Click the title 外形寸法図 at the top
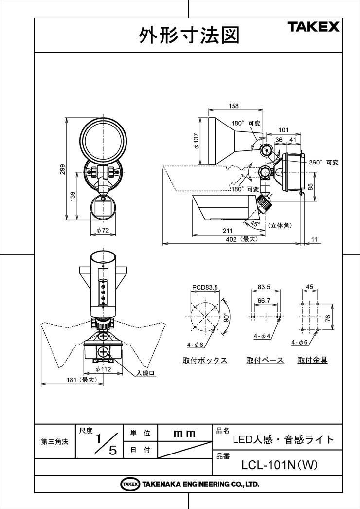tap(189, 35)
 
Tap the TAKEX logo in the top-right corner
tap(313, 26)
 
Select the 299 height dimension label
tap(62, 169)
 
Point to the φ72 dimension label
tap(103, 231)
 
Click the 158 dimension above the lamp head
tap(234, 106)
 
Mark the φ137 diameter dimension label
tap(196, 142)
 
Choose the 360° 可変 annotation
tap(324, 162)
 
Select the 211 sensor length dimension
tap(228, 231)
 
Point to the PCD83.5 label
tap(205, 287)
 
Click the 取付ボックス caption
tap(205, 360)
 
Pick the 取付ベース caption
tap(265, 360)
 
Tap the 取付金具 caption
tap(313, 360)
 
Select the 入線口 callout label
tap(146, 373)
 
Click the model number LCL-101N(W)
tap(279, 465)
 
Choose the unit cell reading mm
tap(185, 434)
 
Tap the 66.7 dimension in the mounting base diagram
tap(264, 301)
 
